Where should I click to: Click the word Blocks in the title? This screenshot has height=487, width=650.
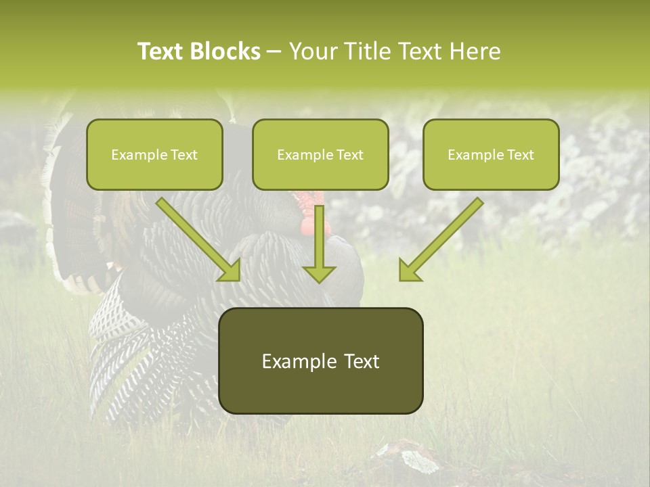pos(227,51)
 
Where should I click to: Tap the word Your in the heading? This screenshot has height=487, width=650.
pos(313,51)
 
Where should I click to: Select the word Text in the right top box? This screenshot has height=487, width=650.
pos(520,155)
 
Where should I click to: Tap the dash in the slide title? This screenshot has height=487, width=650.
pos(274,51)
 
